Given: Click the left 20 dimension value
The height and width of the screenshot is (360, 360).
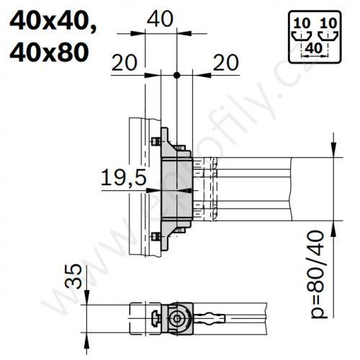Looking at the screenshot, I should tap(125, 64).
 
